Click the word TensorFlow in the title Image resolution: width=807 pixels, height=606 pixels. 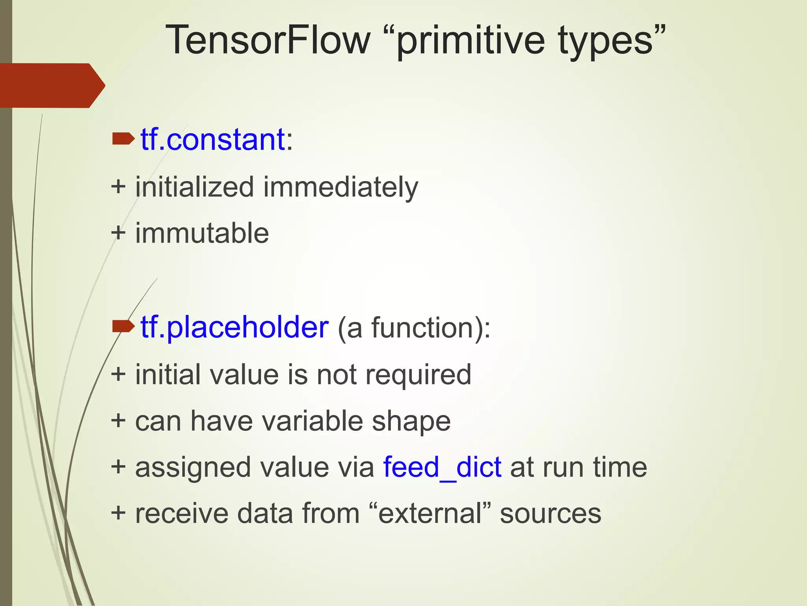pyautogui.click(x=268, y=40)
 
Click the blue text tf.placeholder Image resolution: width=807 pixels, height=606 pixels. pyautogui.click(x=234, y=327)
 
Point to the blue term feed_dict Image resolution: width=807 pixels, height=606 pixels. pyautogui.click(x=442, y=468)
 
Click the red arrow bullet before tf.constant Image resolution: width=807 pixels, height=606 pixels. pyautogui.click(x=123, y=139)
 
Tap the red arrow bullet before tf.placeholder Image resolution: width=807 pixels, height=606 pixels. pyautogui.click(x=123, y=326)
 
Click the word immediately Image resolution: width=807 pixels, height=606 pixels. pyautogui.click(x=340, y=187)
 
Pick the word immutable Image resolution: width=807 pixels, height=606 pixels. pyautogui.click(x=202, y=233)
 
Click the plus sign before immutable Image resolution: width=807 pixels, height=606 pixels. pyautogui.click(x=118, y=233)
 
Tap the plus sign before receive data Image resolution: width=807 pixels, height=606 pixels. pyautogui.click(x=118, y=513)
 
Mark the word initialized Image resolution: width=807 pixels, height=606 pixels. pyautogui.click(x=194, y=187)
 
